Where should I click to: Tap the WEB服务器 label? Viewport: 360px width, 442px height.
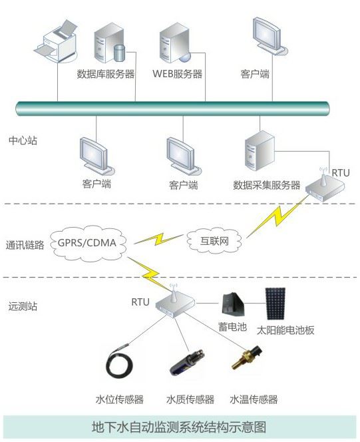click(178, 74)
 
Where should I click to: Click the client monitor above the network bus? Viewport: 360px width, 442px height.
click(270, 36)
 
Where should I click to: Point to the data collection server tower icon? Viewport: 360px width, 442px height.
click(260, 151)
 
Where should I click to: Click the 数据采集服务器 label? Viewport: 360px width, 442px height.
click(266, 185)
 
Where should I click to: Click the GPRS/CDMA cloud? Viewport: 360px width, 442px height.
click(88, 243)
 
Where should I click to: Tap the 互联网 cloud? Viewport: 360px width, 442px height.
click(214, 241)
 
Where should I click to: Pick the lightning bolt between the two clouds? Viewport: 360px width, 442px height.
click(158, 239)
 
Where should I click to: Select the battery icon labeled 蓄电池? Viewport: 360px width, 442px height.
click(233, 304)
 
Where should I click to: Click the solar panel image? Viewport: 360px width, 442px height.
click(275, 304)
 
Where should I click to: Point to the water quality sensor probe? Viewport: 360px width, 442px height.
click(188, 362)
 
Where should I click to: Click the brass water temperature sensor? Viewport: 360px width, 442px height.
click(246, 357)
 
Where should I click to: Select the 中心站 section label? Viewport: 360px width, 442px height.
click(23, 140)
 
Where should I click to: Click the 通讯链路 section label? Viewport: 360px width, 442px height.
click(25, 245)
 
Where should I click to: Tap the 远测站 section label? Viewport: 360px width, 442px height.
click(23, 306)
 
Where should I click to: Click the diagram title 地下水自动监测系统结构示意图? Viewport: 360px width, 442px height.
click(179, 427)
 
